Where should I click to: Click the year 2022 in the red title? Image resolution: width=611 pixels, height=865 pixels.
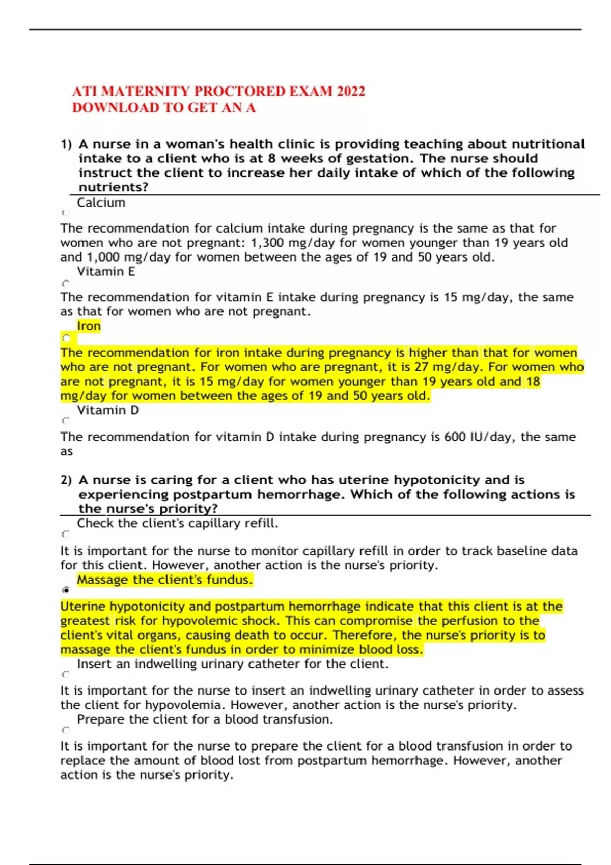[x=351, y=92]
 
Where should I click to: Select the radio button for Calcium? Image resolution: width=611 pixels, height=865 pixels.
[x=65, y=213]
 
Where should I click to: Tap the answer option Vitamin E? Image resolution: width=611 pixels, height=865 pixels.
[x=106, y=272]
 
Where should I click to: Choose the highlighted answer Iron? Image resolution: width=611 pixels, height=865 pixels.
[x=89, y=326]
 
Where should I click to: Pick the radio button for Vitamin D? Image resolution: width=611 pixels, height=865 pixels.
[x=65, y=421]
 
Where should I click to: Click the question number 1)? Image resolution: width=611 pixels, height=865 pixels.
[x=66, y=145]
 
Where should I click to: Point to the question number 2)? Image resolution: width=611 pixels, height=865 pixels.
[x=66, y=480]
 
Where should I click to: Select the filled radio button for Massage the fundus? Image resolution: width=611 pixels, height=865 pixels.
[x=66, y=590]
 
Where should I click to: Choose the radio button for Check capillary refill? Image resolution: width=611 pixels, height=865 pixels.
[x=65, y=534]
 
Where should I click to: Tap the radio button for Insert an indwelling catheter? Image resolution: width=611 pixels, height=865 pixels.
[x=65, y=675]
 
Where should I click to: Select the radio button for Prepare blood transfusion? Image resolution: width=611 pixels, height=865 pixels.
[x=65, y=730]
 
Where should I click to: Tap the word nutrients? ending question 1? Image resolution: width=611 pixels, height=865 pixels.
[x=114, y=187]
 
